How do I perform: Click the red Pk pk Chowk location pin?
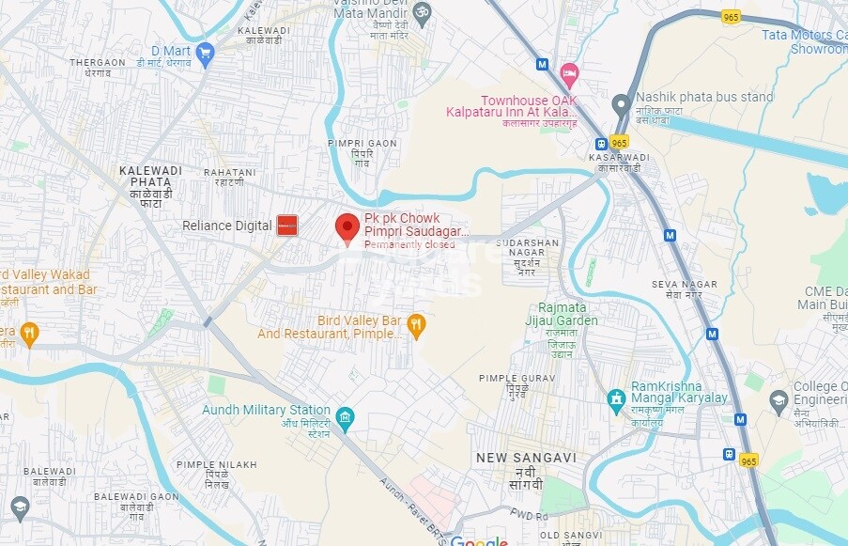pos(347,227)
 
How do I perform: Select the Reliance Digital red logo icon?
pos(287,226)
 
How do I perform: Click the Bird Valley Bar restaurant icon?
pos(417,325)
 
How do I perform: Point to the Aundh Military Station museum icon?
pos(345,417)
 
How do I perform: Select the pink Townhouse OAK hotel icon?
pos(568,72)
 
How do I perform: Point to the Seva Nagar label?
pos(685,289)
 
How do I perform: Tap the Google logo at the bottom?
pos(479,541)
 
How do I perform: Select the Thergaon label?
pos(98,68)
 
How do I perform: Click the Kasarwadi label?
pos(619,162)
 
